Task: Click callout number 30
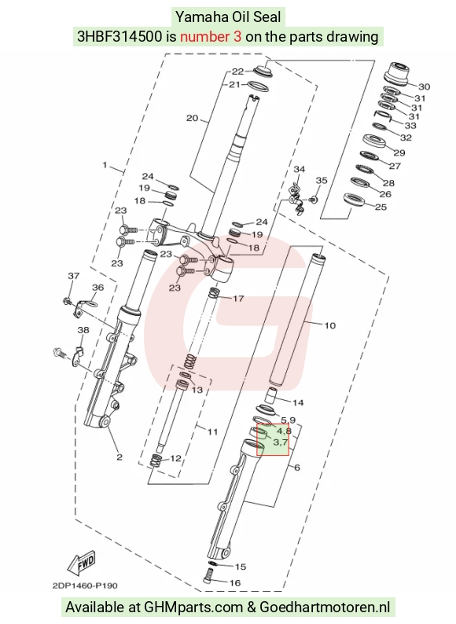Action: coord(424,86)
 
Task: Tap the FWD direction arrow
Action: coord(82,563)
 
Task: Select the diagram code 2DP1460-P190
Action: coord(85,585)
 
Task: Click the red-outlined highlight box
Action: coord(273,440)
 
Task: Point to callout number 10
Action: coord(329,325)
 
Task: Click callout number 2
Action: coord(120,457)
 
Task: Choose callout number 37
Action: coord(74,275)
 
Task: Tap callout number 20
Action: coord(193,118)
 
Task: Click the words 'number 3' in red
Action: coord(211,37)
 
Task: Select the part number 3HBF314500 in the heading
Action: coord(120,37)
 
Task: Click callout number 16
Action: coord(235,582)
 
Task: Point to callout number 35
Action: coord(322,180)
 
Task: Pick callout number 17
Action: coord(238,298)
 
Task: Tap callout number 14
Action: coord(298,402)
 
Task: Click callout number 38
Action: coord(83,330)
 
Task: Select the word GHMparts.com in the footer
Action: coord(193,607)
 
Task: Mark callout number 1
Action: coord(105,164)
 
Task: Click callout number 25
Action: coord(381,207)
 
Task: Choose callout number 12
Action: coord(175,458)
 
